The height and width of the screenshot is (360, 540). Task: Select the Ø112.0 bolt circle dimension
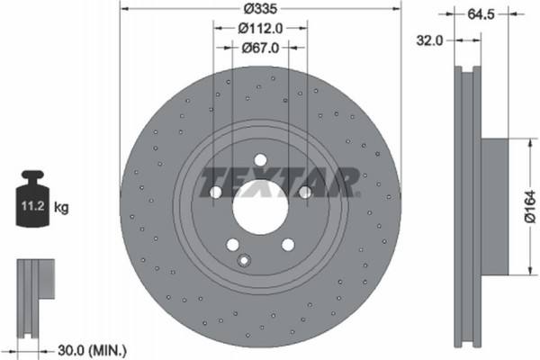(260, 28)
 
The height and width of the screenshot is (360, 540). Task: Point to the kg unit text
(62, 207)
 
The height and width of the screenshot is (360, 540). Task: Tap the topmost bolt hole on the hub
(260, 160)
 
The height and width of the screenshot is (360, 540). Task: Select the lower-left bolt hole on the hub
(232, 245)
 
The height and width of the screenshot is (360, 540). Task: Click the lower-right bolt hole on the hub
(288, 245)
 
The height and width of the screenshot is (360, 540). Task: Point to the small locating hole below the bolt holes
(242, 261)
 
